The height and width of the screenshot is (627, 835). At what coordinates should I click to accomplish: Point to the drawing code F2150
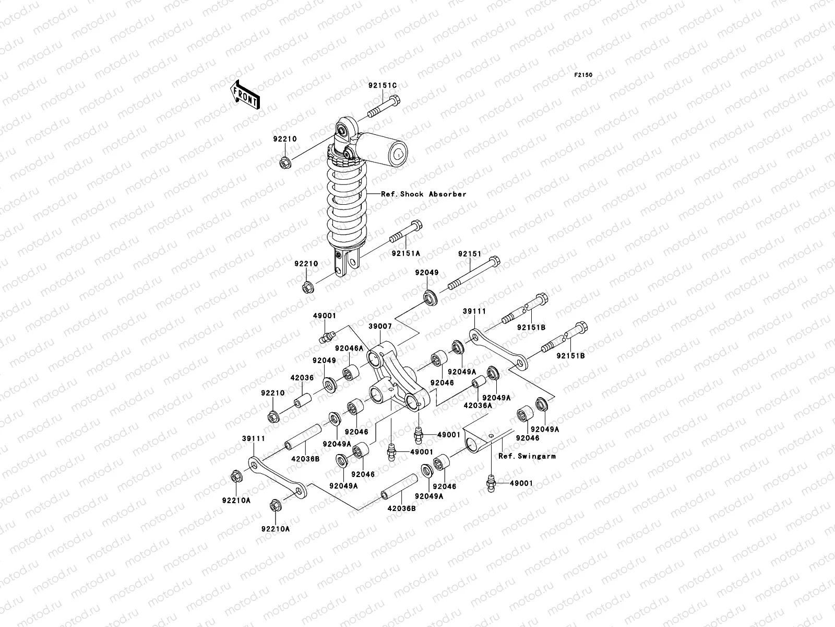tap(584, 75)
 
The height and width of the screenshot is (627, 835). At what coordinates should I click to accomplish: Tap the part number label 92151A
tap(406, 253)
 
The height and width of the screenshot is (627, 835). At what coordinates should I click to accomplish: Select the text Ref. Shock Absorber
tap(424, 194)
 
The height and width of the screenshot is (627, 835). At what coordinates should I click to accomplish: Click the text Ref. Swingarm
tap(527, 456)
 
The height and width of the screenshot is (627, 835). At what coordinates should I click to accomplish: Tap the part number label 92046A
tap(350, 348)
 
